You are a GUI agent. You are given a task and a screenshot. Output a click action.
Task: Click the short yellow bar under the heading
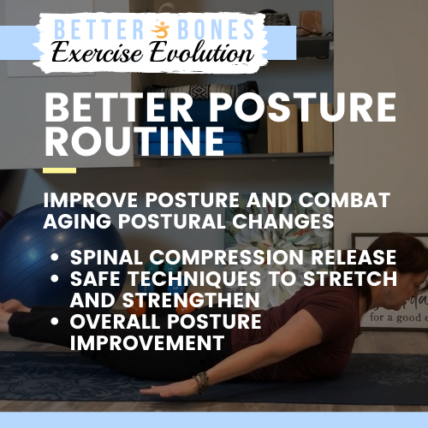(x=59, y=170)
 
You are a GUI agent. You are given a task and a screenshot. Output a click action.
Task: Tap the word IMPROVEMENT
(x=148, y=343)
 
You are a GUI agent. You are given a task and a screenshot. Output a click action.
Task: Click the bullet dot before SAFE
(x=56, y=279)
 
